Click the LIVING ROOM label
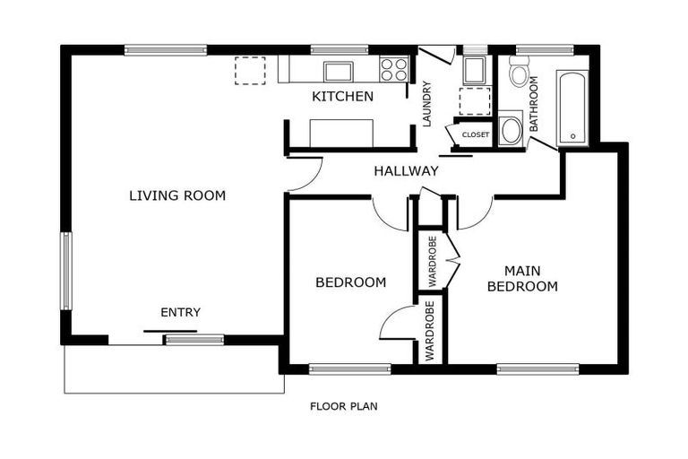177,195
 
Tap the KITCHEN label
343,96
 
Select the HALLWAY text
407,171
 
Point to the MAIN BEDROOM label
522,279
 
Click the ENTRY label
180,312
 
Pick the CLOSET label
476,134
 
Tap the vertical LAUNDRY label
427,104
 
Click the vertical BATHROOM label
534,104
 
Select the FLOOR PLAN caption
344,406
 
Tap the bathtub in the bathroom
572,108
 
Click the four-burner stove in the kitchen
394,69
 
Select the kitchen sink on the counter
338,71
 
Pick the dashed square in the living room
250,70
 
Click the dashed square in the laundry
474,101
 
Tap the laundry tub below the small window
474,70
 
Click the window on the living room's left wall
65,271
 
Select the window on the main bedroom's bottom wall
537,369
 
